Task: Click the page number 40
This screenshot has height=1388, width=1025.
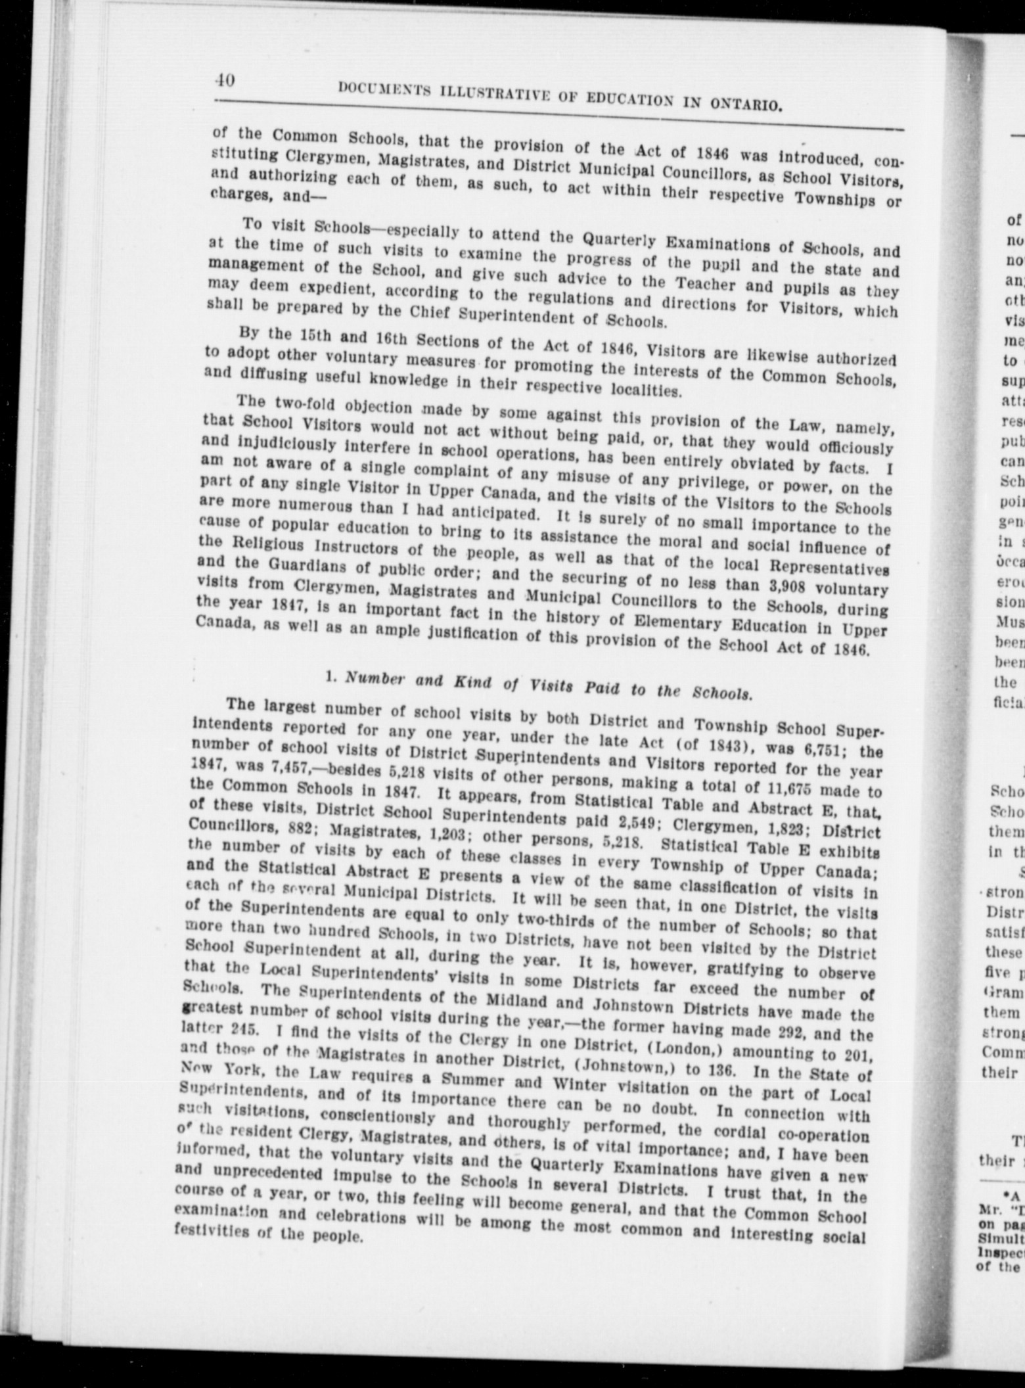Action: (225, 81)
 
